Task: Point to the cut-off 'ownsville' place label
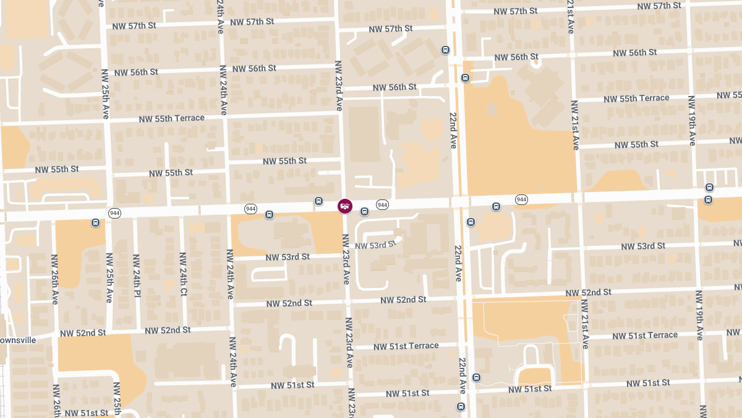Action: [18, 340]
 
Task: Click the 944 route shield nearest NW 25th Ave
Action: [114, 213]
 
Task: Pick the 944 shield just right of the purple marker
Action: [382, 205]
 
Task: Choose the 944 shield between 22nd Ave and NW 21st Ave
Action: [521, 199]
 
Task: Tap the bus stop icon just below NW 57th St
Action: [445, 50]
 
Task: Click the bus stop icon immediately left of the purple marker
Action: [318, 201]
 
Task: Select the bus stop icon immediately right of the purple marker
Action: [364, 212]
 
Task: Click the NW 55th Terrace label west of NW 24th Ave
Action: [171, 118]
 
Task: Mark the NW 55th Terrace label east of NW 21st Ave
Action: [636, 98]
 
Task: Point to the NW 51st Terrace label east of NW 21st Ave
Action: [645, 336]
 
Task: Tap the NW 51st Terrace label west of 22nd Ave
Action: [406, 346]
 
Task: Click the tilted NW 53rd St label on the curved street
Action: [374, 245]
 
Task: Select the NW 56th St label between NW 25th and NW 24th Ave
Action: [135, 72]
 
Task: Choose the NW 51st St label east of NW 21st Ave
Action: [648, 383]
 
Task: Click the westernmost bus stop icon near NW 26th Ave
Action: [95, 222]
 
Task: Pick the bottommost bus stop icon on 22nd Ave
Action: [461, 406]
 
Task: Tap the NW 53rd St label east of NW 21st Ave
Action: [644, 246]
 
